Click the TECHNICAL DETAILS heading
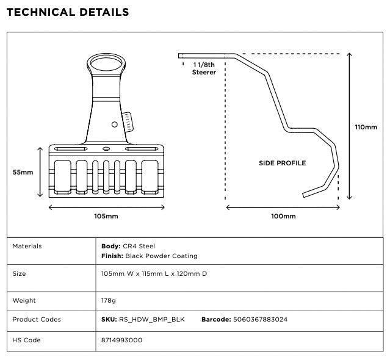point(67,12)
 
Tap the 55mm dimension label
point(23,173)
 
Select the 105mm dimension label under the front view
point(106,217)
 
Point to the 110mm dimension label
point(366,128)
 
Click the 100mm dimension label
point(283,217)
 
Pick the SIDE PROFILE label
point(282,163)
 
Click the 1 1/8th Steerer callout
point(204,68)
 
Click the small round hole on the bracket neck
point(114,124)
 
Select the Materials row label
point(27,247)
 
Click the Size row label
point(19,274)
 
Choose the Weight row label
point(24,301)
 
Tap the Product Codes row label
point(37,320)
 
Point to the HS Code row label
point(27,340)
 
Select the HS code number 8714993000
point(122,340)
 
